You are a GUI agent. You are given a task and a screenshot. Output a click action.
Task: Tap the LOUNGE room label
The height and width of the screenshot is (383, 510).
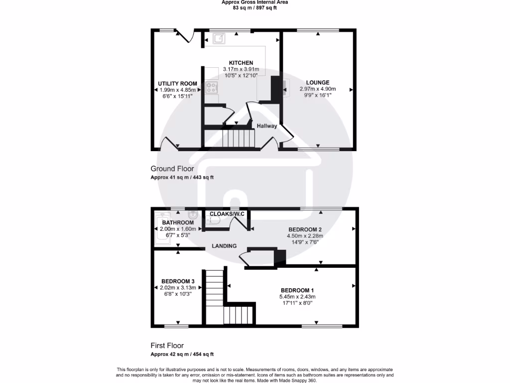(318, 83)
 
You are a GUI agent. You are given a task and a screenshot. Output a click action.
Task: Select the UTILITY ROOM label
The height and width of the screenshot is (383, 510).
(177, 83)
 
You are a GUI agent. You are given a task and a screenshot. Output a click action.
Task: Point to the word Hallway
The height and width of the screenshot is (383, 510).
(267, 126)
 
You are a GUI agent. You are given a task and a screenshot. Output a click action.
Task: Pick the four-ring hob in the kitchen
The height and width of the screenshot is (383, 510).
(211, 88)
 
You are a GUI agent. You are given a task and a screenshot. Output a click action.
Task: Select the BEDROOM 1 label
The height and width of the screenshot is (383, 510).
(297, 290)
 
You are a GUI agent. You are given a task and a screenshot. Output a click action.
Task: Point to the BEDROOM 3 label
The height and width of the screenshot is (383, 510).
(178, 281)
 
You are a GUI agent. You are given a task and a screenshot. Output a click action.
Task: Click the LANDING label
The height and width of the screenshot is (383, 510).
(224, 246)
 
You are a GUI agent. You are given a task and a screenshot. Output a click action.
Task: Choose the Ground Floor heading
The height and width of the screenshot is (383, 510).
(172, 169)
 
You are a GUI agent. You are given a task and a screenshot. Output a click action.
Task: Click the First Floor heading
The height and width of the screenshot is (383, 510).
(167, 345)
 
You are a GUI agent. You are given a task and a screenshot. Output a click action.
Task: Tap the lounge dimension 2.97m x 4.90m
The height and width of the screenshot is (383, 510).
(318, 89)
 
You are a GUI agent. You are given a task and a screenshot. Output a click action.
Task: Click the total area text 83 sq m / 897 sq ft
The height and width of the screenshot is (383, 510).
(255, 8)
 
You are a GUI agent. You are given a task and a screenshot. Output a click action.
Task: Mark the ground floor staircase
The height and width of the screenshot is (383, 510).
(237, 138)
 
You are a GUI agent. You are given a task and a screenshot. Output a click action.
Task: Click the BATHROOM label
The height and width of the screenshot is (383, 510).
(178, 222)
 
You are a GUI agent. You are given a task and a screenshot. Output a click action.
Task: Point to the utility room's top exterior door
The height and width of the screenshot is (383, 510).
(187, 36)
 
